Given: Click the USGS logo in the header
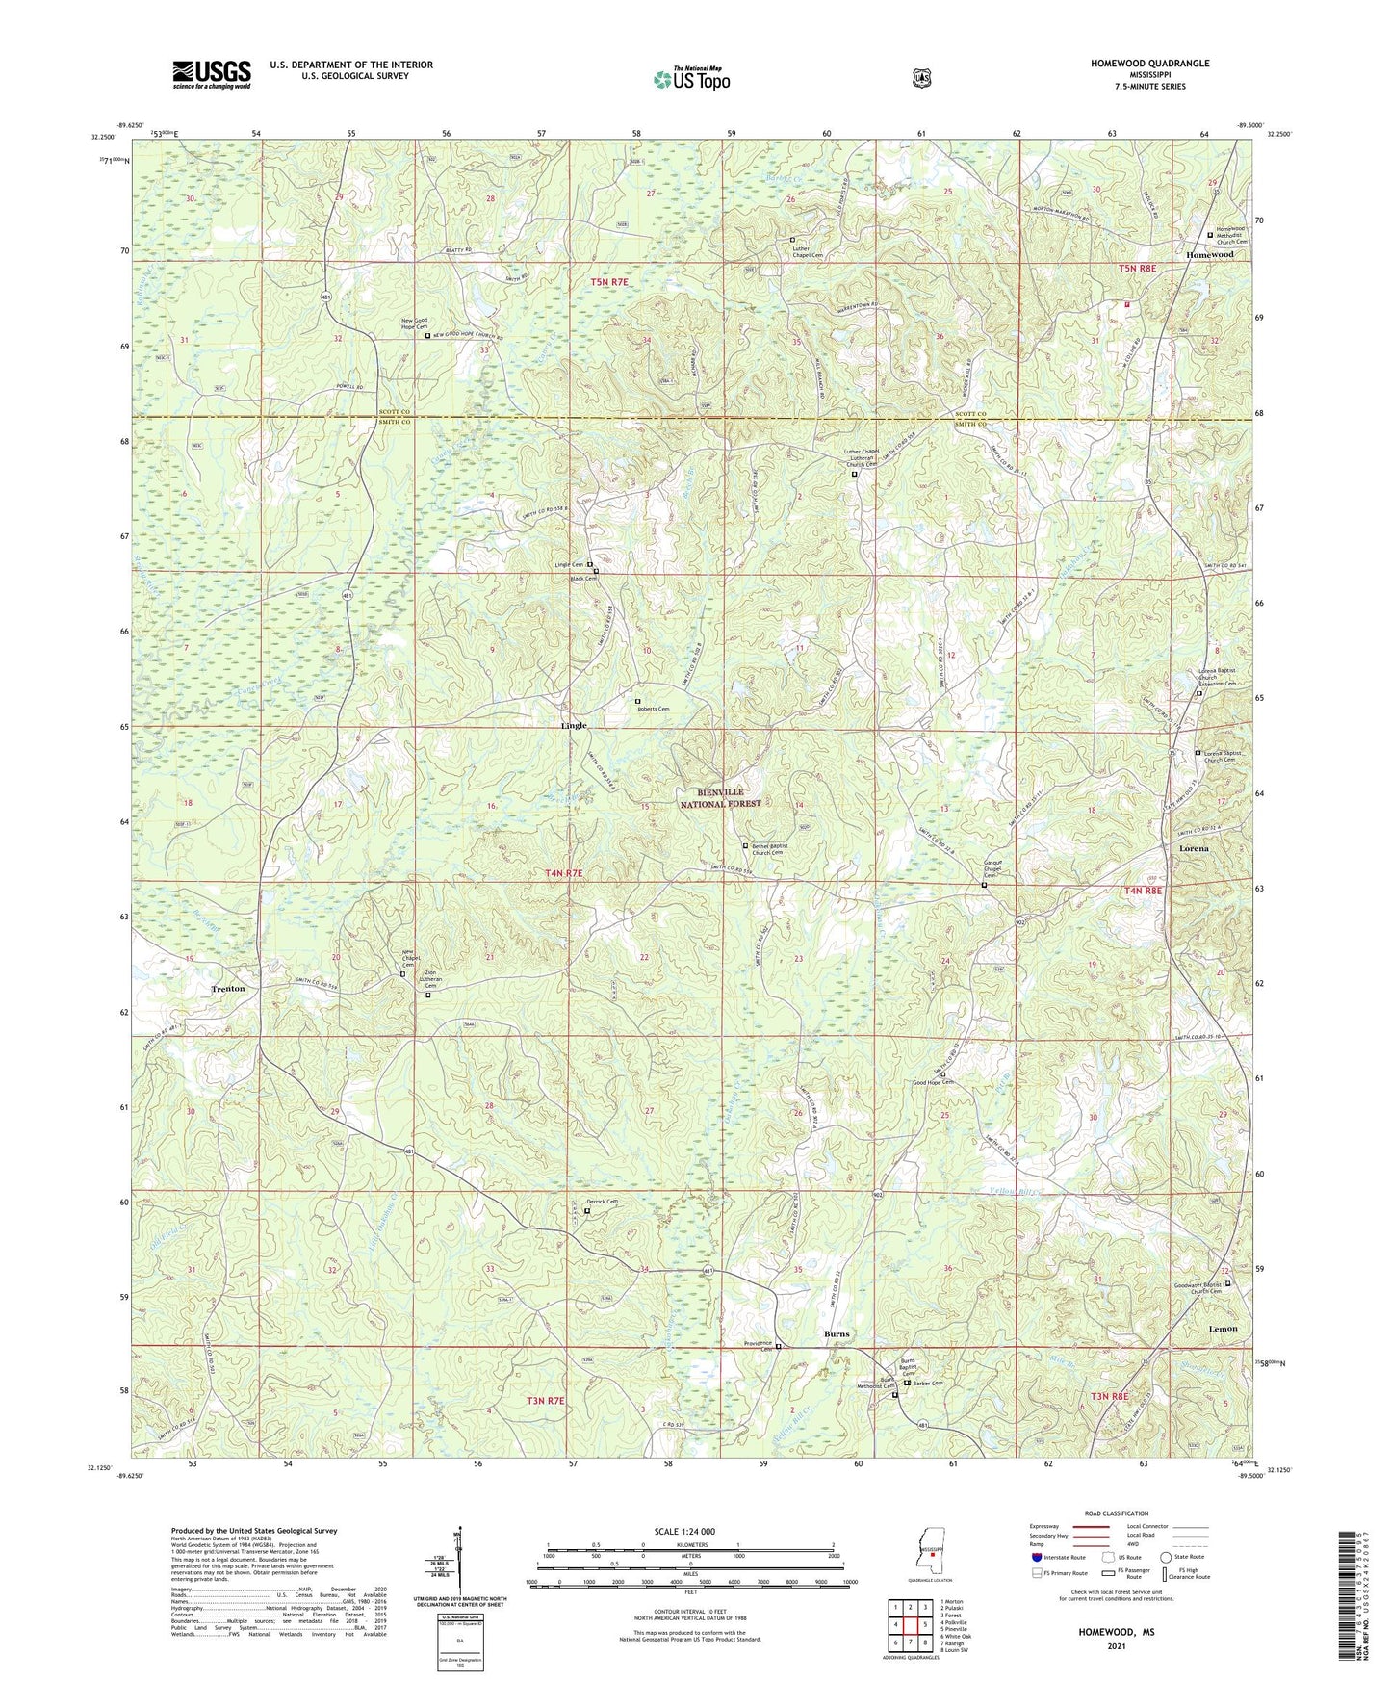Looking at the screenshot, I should tap(212, 74).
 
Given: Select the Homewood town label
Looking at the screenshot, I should tap(1209, 254).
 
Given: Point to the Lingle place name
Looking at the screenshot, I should tap(574, 725).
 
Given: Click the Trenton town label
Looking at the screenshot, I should tap(228, 989).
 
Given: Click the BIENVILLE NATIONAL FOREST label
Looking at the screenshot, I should tap(722, 797).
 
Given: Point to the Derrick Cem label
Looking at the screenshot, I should tap(602, 1202).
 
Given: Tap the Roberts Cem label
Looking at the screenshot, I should tap(652, 709).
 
